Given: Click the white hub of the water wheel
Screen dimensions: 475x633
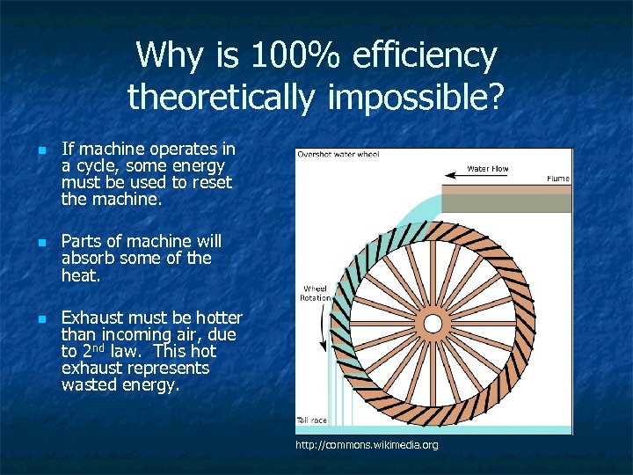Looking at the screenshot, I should tap(433, 323).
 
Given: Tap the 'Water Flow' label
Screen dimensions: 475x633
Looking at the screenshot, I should tap(487, 169).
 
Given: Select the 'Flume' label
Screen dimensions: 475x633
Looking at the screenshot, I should tap(557, 179).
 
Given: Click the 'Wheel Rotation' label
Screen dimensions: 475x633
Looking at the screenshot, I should tap(316, 293).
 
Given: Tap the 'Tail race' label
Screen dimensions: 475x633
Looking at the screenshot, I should tap(311, 420).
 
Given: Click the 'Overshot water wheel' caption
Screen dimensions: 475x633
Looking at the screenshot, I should tap(338, 155).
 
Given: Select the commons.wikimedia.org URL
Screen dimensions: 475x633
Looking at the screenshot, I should tap(367, 446).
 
